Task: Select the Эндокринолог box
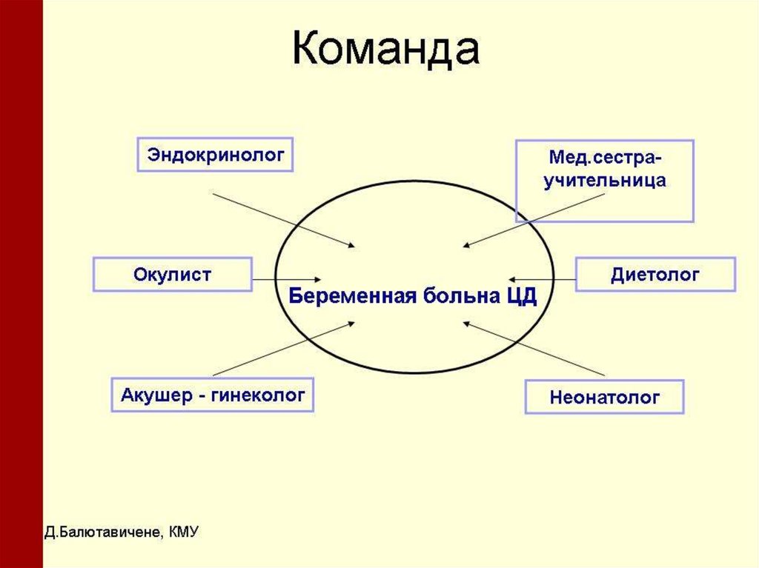coord(216,155)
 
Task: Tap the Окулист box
coord(172,275)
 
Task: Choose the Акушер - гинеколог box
coord(212,395)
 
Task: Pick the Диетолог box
coord(655,275)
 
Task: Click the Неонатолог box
coord(604,398)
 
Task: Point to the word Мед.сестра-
coord(605,158)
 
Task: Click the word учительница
coord(605,181)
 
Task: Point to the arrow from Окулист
coord(286,280)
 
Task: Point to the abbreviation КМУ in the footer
coord(184,532)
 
